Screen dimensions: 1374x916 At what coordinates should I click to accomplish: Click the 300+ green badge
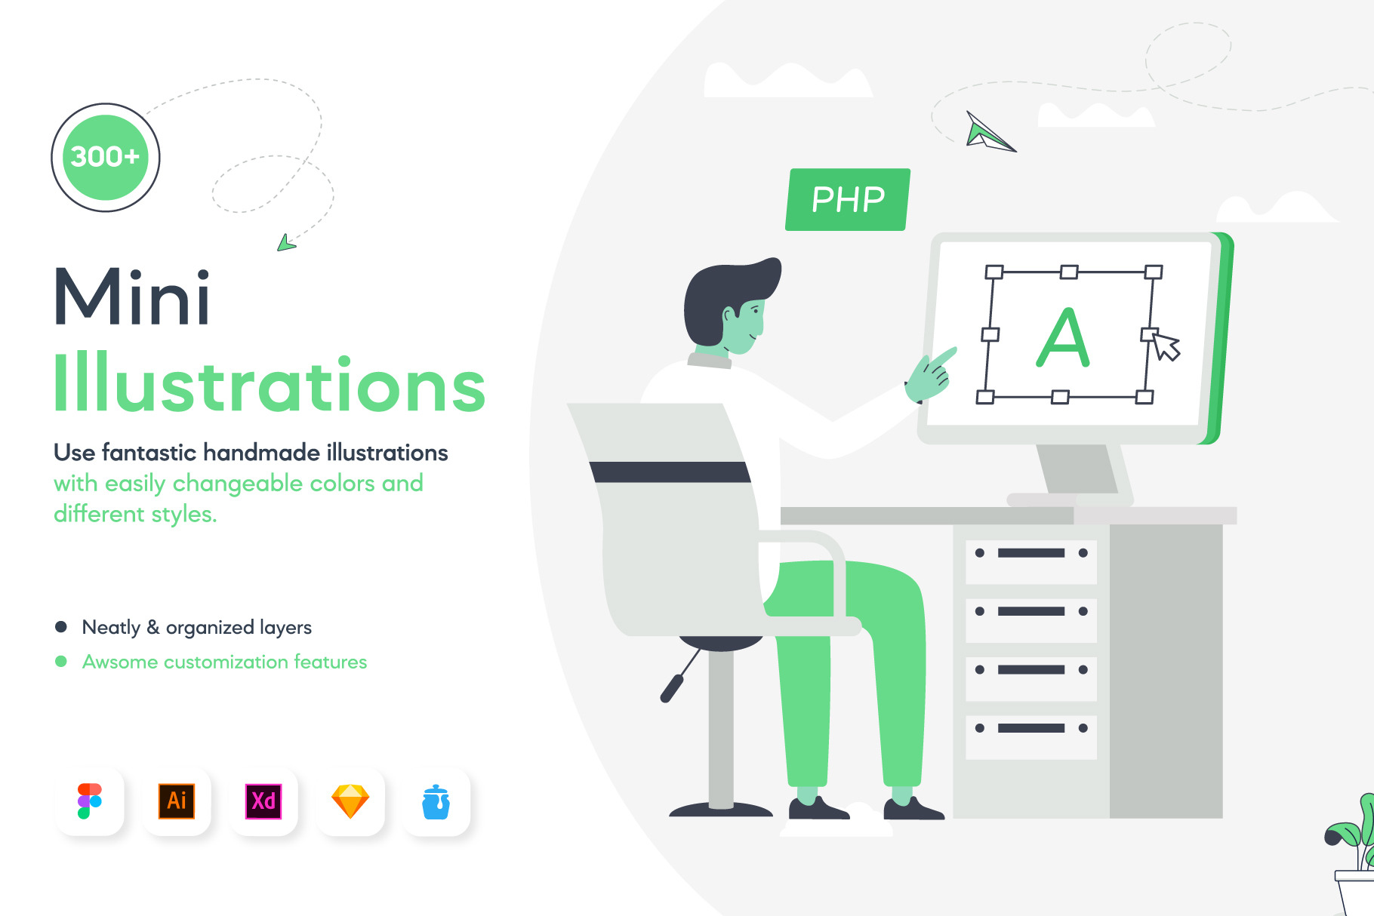click(105, 157)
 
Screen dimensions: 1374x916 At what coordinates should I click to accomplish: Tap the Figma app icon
click(89, 801)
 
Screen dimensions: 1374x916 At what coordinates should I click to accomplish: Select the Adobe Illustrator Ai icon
click(177, 801)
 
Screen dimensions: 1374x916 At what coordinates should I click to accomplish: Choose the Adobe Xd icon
click(263, 801)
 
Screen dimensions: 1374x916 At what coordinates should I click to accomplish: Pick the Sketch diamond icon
click(350, 801)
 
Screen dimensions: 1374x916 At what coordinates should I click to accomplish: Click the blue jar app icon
click(436, 801)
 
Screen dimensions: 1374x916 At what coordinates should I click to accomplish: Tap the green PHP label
click(848, 199)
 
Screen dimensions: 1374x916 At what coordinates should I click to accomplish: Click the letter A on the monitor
click(1063, 337)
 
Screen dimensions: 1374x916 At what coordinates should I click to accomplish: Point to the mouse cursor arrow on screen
click(1166, 346)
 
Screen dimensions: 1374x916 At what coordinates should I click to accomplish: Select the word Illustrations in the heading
click(270, 383)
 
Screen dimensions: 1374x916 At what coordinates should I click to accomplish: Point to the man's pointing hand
click(930, 375)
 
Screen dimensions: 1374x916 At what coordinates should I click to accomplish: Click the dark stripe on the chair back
click(670, 472)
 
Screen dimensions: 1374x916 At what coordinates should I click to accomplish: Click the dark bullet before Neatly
click(61, 627)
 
